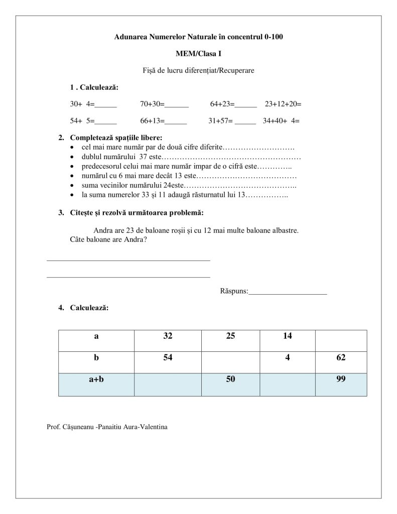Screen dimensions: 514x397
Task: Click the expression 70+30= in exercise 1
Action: pyautogui.click(x=153, y=104)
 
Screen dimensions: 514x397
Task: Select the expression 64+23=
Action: pyautogui.click(x=222, y=104)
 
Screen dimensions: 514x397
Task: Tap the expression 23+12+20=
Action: pyautogui.click(x=283, y=104)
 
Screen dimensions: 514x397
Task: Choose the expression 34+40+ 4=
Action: pyautogui.click(x=281, y=120)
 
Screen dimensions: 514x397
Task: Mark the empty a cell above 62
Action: pyautogui.click(x=341, y=340)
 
